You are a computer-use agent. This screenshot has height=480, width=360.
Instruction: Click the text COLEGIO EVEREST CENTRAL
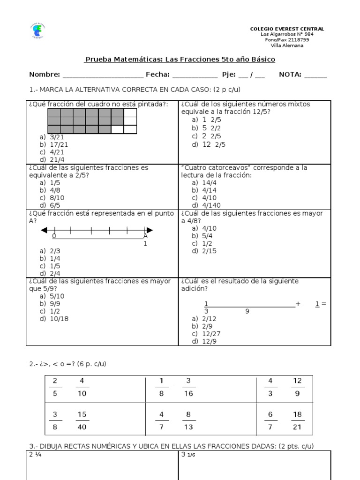[x=287, y=29]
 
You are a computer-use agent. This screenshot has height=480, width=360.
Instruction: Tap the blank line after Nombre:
[x=103, y=75]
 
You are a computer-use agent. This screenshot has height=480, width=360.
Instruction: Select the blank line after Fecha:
[x=195, y=75]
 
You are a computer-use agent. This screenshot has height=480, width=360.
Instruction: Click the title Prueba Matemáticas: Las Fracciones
[x=180, y=60]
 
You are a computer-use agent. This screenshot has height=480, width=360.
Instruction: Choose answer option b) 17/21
[x=52, y=144]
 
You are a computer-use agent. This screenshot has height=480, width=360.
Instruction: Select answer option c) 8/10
[x=52, y=197]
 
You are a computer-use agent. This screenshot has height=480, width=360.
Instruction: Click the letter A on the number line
[x=145, y=236]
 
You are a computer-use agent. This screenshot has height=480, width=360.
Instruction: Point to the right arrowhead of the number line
[x=149, y=230]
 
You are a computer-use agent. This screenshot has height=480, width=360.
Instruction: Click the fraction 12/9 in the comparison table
[x=298, y=387]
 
